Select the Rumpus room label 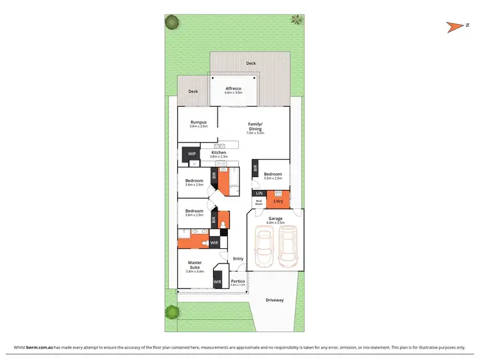pos(198,122)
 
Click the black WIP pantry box pos(191,154)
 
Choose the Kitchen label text pos(219,152)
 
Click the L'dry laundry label pos(278,202)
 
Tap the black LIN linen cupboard pos(259,193)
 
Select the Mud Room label pos(259,203)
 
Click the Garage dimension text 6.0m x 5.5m pos(275,223)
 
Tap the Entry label pos(238,258)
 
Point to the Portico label pos(238,281)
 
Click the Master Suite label pos(194,265)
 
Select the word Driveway pos(275,300)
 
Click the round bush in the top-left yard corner pos(171,22)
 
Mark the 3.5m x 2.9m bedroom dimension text pos(273,178)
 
